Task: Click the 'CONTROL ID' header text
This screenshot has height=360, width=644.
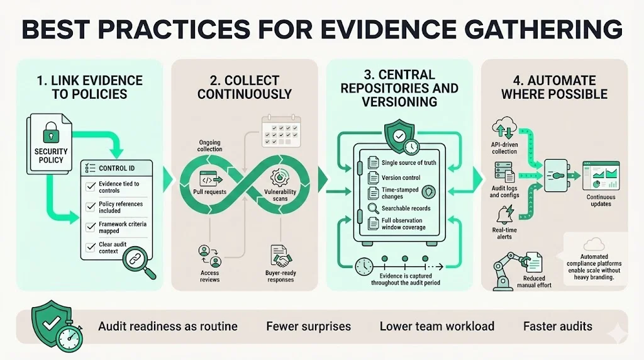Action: (116, 168)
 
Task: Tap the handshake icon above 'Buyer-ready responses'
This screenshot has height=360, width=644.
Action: (279, 256)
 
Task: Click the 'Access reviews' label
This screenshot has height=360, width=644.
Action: (210, 276)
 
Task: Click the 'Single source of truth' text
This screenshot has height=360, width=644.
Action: (409, 163)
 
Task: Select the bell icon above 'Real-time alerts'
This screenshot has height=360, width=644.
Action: (504, 215)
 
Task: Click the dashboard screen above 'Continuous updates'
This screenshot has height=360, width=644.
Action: (600, 176)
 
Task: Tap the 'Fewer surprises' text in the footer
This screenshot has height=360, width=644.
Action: (308, 326)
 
